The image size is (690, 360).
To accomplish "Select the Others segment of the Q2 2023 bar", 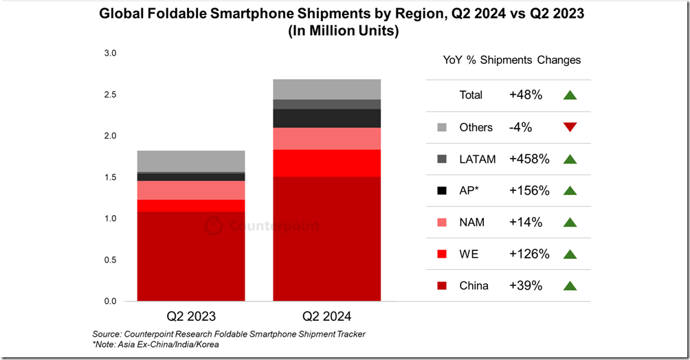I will [191, 161].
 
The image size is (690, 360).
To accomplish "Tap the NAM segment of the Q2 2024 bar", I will [327, 139].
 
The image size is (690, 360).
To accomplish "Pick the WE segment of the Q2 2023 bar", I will [191, 205].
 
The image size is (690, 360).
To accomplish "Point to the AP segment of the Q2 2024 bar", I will [327, 118].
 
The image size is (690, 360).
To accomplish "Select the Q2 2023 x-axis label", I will [191, 317].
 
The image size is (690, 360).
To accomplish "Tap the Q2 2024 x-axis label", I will [327, 317].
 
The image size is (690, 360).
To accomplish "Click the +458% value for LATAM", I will [530, 159].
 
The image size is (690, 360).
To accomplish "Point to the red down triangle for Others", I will [570, 127].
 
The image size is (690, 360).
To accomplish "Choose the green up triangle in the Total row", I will [570, 95].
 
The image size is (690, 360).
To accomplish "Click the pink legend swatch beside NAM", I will [443, 222].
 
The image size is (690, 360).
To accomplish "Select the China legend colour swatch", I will [443, 285].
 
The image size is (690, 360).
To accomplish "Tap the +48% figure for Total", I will [526, 95].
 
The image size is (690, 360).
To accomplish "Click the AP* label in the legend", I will [470, 190].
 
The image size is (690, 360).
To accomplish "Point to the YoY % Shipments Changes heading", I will [512, 60].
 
